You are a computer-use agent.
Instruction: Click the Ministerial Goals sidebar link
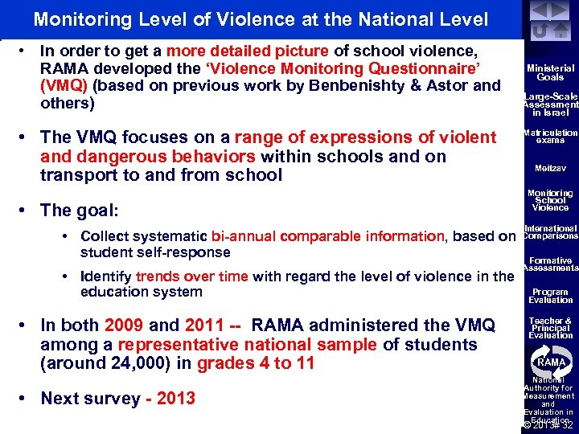[551, 73]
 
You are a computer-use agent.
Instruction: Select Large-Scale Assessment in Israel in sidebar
[551, 104]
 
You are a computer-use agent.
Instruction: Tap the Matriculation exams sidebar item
[551, 137]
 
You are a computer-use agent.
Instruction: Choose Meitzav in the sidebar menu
[551, 168]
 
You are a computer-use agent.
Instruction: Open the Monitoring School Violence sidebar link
[551, 200]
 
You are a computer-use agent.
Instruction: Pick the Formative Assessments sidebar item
[551, 264]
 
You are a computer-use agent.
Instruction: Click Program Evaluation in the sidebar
[551, 296]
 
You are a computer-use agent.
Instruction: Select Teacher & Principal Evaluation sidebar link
[551, 328]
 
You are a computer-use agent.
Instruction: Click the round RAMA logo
[551, 361]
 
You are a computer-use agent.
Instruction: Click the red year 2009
[124, 325]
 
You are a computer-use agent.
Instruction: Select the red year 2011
[206, 325]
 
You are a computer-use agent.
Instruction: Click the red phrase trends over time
[192, 276]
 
